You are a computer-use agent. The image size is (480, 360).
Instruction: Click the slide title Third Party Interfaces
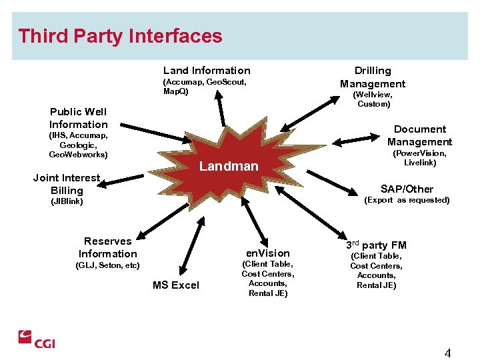pos(120,36)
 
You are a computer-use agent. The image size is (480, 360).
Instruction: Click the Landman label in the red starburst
pos(229,166)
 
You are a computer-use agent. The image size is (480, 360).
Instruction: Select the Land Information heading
pos(207,70)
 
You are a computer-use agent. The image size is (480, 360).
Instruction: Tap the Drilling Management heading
pos(373,77)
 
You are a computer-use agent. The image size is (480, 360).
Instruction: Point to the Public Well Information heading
pos(78,118)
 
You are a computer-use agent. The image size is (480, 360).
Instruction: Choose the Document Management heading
pos(419,135)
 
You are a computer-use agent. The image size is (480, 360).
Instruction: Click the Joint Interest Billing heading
pos(67,184)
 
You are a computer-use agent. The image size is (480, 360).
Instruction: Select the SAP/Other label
pos(407,189)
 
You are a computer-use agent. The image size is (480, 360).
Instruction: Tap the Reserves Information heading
pos(107,247)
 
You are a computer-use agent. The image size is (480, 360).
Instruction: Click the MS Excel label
pos(175,285)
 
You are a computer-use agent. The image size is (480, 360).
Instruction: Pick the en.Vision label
pos(268,253)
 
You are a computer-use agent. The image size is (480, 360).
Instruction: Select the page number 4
pos(447,353)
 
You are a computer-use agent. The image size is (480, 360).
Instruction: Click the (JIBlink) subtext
pos(67,201)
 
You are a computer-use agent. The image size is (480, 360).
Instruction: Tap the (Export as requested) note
pos(407,200)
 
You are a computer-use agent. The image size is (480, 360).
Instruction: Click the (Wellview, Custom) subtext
pos(373,99)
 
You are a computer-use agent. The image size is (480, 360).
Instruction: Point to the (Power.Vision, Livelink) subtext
pos(419,158)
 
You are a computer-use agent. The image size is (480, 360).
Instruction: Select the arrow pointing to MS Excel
pos(191,247)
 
